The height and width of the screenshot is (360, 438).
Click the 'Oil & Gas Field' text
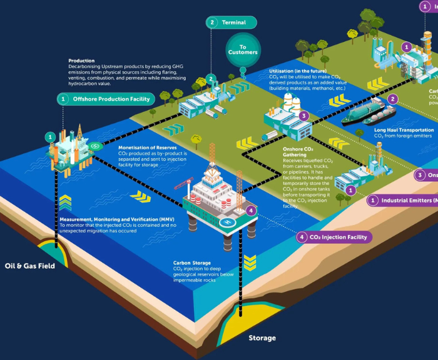30,266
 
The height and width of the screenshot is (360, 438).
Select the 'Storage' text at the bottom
262,338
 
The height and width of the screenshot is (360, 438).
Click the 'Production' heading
81,61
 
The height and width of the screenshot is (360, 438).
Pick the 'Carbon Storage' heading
191,263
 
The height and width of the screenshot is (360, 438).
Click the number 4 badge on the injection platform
251,211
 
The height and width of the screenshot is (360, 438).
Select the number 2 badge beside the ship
393,99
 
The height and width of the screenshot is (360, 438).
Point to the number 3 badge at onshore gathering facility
303,116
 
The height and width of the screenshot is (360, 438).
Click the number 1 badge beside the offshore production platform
50,137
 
